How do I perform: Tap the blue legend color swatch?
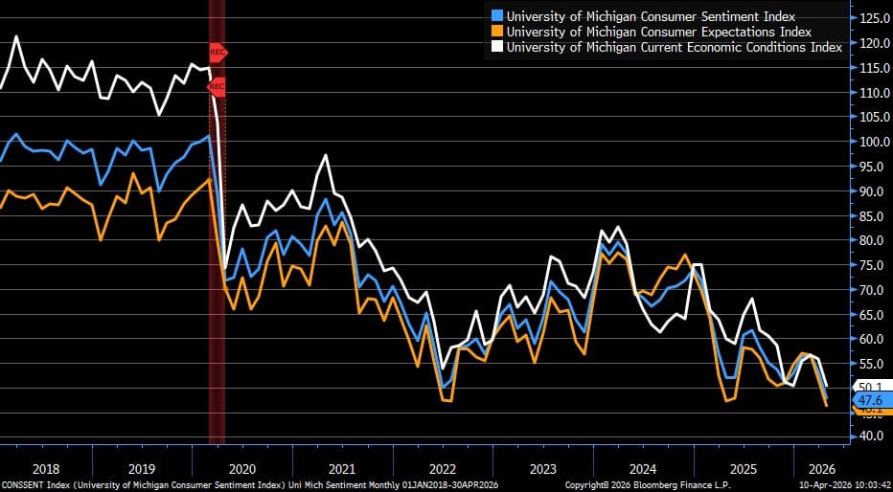coord(496,16)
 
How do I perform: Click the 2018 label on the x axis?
coord(46,469)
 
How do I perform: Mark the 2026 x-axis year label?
coord(821,469)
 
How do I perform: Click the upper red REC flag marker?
coord(218,52)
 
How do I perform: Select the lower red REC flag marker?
coord(217,87)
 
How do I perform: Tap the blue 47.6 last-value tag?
coord(871,400)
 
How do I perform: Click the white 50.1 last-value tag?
coord(871,386)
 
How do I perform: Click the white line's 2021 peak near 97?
coord(326,154)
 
